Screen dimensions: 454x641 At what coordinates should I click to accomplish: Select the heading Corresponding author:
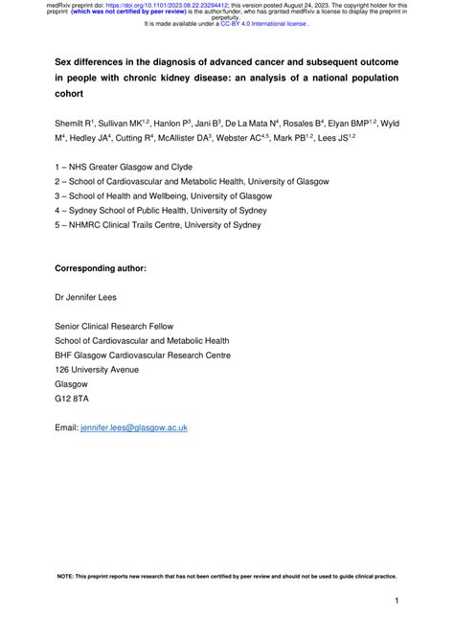point(101,269)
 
